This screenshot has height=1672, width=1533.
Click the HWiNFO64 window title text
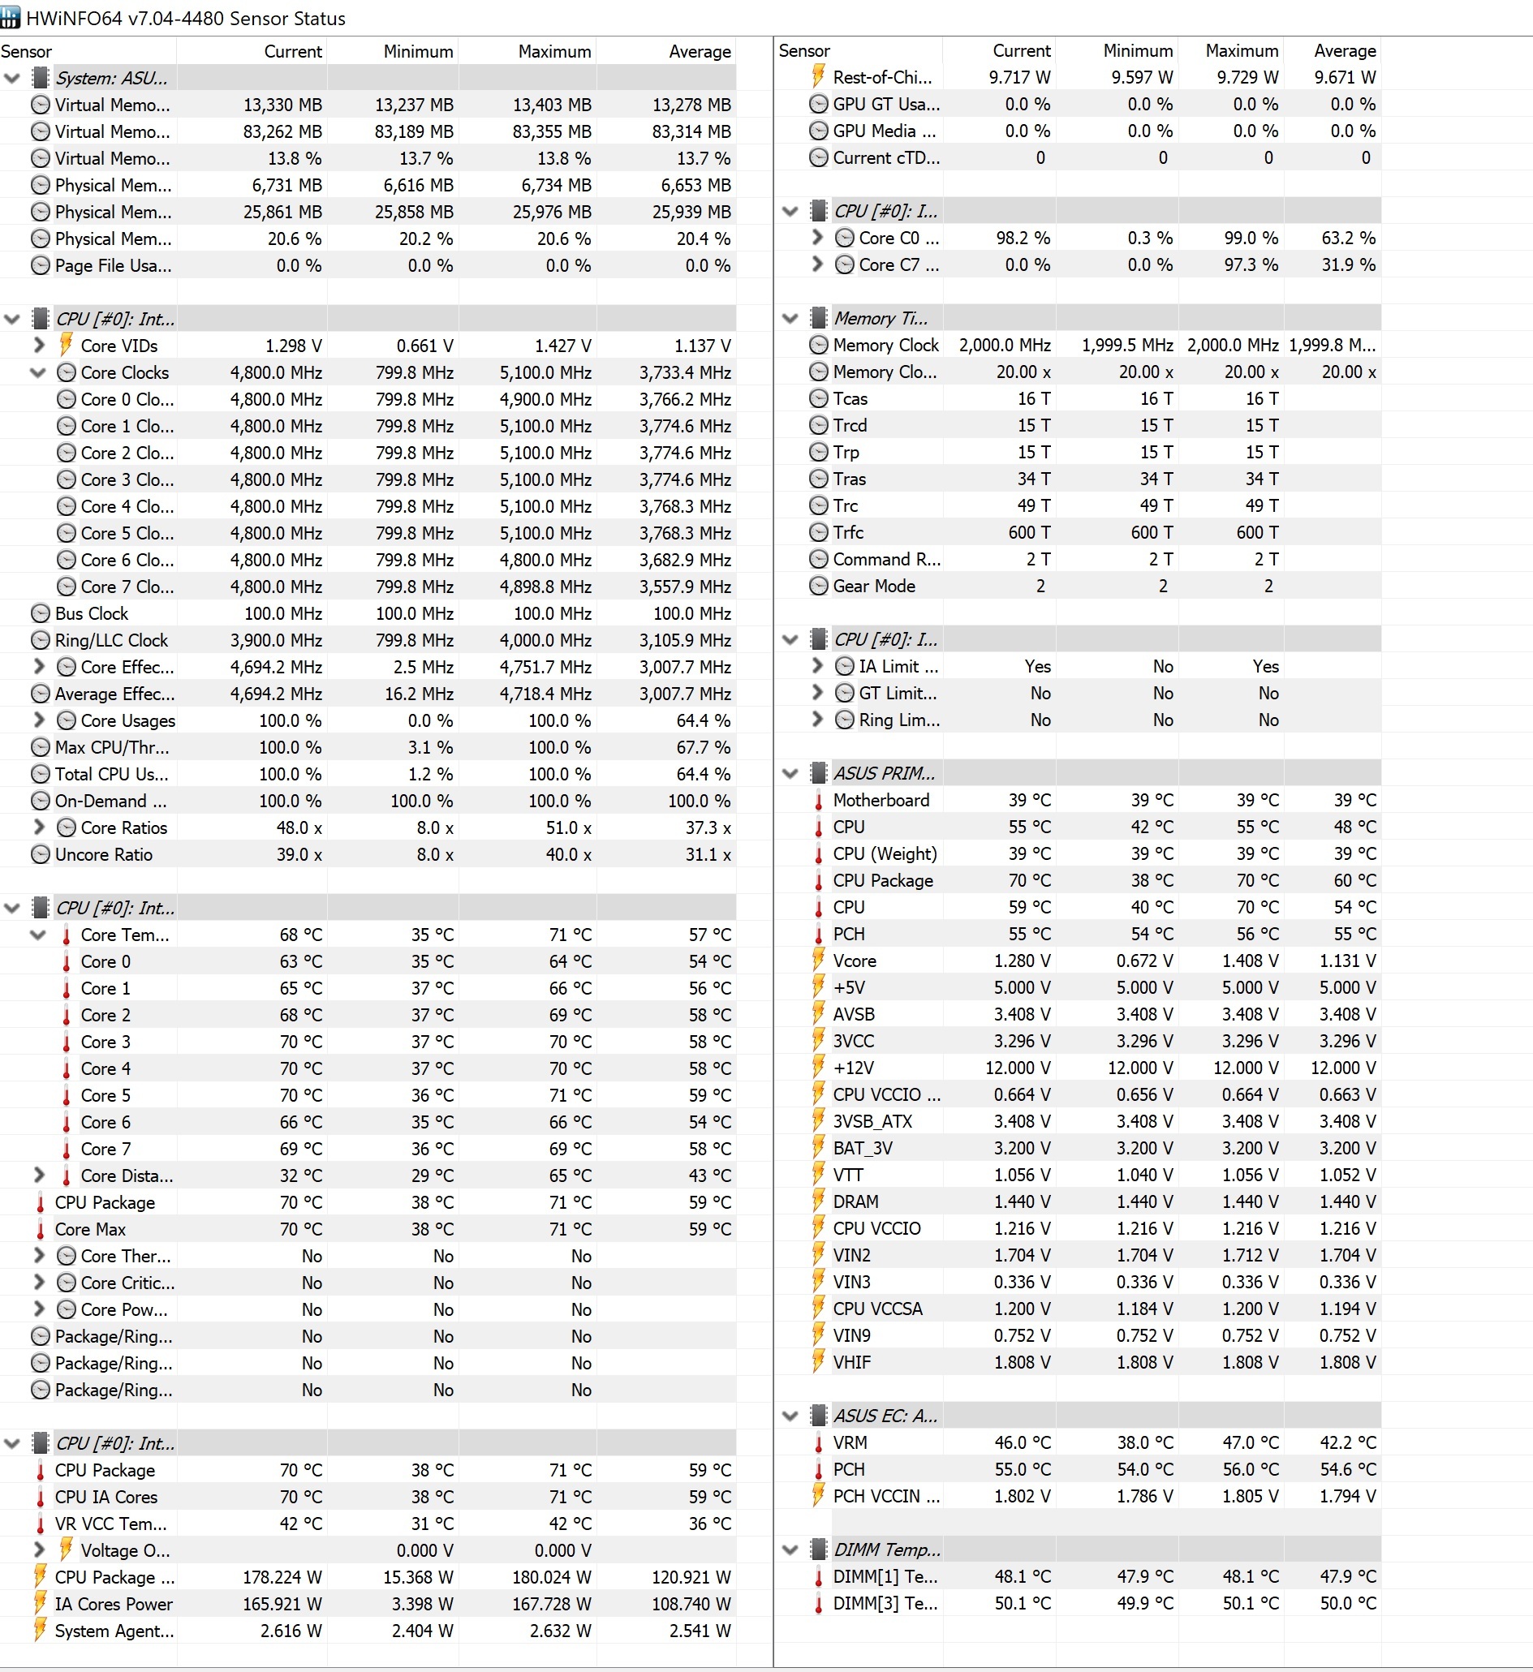[186, 18]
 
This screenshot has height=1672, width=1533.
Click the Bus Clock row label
[91, 614]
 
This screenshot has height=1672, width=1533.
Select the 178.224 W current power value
[282, 1577]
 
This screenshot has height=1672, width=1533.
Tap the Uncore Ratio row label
[104, 854]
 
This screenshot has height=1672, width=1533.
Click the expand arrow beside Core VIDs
[39, 345]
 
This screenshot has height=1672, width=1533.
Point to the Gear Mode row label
[873, 587]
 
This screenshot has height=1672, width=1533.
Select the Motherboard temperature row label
[881, 801]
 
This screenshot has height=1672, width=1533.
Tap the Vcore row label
[855, 961]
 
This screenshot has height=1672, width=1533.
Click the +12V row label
[854, 1068]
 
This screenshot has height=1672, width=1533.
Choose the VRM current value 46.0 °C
[1022, 1442]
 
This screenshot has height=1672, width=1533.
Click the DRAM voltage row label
[855, 1201]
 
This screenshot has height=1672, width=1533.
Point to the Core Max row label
[90, 1229]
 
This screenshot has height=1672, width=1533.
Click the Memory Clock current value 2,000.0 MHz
[1005, 345]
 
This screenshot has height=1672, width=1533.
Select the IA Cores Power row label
[114, 1604]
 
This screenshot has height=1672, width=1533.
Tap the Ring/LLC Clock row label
[111, 640]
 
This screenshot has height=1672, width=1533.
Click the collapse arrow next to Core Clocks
[38, 372]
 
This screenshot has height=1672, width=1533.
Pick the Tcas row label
[850, 399]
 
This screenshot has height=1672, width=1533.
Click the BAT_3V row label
[863, 1148]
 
